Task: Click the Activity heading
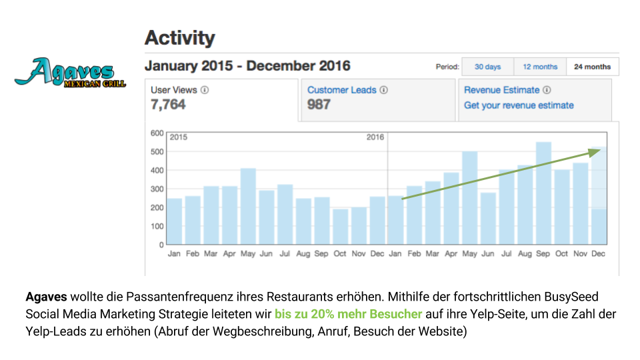coord(180,38)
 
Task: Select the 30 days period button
coord(487,67)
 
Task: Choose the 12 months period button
coord(540,67)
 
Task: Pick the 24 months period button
coord(592,67)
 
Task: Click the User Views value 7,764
coord(168,105)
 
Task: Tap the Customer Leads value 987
coord(319,105)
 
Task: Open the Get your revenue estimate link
coord(519,105)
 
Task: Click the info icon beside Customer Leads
coord(384,90)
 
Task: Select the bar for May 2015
coord(248,207)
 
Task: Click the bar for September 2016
coord(543,193)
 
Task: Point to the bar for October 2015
coord(341,227)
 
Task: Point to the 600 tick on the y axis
coord(157,133)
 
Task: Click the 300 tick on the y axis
coord(157,189)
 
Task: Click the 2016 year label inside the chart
coord(375,137)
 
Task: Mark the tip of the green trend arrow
coord(601,149)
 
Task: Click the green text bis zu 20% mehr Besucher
coord(348,314)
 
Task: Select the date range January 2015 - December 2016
coord(247,66)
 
